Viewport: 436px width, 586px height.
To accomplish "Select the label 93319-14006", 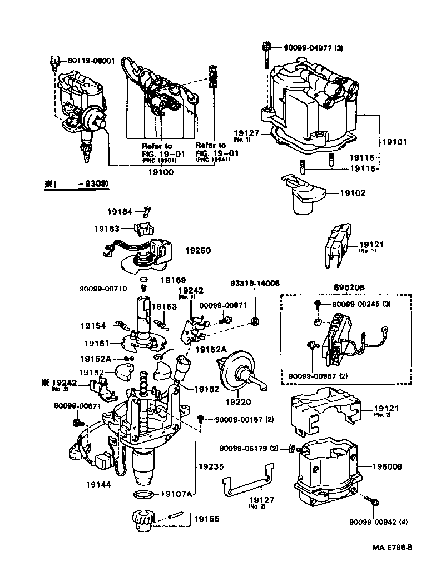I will tap(255, 283).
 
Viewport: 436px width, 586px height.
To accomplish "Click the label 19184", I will tap(121, 211).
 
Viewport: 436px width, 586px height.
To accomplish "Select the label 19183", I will tap(107, 229).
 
